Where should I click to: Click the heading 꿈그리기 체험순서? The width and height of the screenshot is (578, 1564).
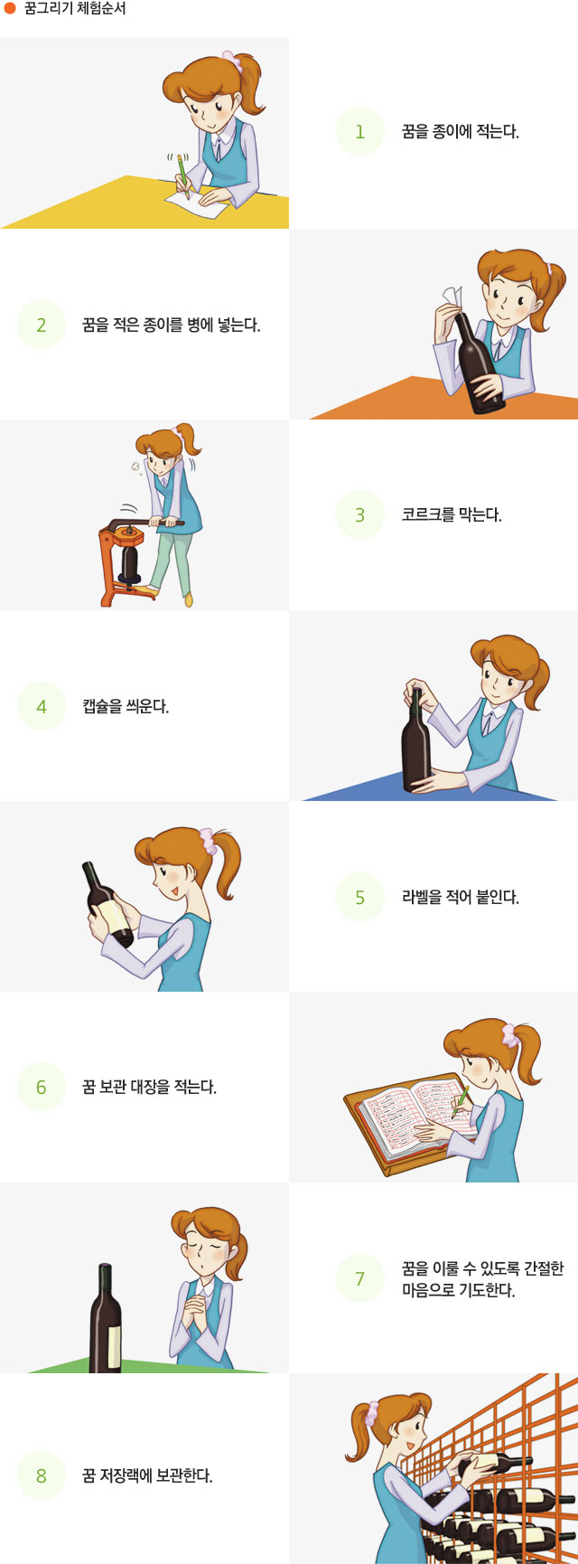tap(75, 9)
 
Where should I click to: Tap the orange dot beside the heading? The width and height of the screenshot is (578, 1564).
tap(10, 9)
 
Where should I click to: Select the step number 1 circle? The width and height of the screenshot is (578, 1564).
tap(359, 132)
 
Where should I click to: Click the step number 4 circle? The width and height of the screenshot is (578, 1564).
tap(42, 706)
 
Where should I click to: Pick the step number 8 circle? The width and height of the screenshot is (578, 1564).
tap(42, 1475)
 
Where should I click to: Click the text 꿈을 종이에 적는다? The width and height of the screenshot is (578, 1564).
tap(460, 132)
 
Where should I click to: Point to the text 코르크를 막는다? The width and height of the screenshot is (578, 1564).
tap(451, 515)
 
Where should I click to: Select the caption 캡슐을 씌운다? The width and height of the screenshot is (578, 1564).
tap(126, 706)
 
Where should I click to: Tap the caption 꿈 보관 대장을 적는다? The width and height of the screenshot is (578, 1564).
tap(149, 1088)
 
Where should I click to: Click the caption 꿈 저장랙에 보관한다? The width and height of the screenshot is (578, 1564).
tap(147, 1475)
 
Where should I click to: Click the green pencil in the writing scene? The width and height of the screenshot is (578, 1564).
tap(183, 174)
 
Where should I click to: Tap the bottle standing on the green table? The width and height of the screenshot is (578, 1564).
tap(106, 1322)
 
